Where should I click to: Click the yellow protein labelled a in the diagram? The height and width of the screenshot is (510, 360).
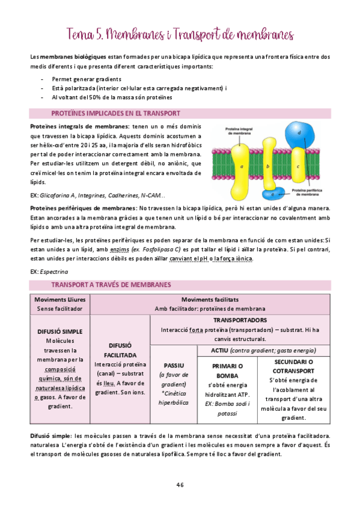[x=241, y=165]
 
